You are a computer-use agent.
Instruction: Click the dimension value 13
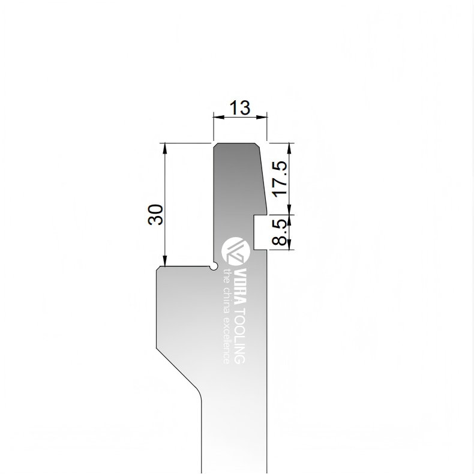point(240,108)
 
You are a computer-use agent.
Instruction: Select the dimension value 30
point(155,215)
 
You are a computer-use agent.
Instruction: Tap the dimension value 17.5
point(280,179)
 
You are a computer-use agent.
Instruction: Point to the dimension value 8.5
point(279,232)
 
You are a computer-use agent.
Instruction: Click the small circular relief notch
point(214,266)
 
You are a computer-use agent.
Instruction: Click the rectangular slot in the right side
point(260,232)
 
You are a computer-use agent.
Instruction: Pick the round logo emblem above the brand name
point(236,252)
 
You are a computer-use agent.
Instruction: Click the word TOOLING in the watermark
point(241,336)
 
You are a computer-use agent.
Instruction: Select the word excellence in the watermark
point(226,341)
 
